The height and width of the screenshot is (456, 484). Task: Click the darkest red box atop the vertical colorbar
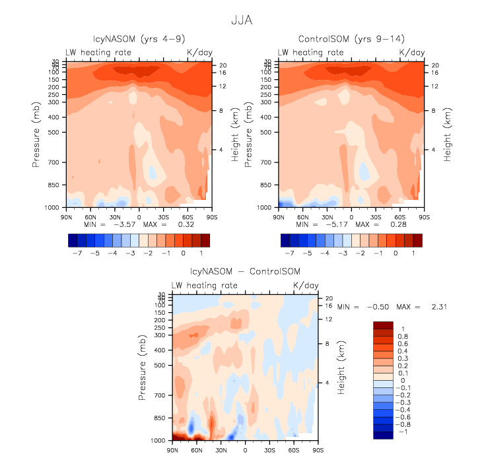[383, 325]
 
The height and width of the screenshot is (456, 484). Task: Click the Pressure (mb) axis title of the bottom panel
[143, 370]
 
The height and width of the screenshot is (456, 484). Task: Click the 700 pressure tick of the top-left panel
[53, 162]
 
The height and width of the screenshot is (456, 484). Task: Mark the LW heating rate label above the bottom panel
[202, 285]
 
